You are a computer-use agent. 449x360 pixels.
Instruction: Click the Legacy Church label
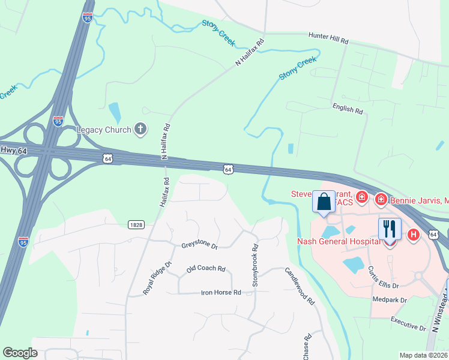(x=104, y=129)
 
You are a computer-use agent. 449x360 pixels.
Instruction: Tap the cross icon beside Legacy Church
(x=140, y=128)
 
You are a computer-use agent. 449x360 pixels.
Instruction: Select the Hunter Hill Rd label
(x=328, y=38)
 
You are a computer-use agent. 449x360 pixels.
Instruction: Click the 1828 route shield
(x=136, y=224)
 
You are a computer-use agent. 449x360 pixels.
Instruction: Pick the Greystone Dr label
(x=199, y=245)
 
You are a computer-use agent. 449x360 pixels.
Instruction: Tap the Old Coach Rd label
(x=205, y=269)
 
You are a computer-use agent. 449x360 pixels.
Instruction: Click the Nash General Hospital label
(x=339, y=242)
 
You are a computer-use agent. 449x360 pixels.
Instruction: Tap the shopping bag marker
(x=324, y=202)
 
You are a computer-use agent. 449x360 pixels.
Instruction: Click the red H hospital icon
(x=413, y=235)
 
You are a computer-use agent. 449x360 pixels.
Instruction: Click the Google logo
(x=20, y=353)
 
